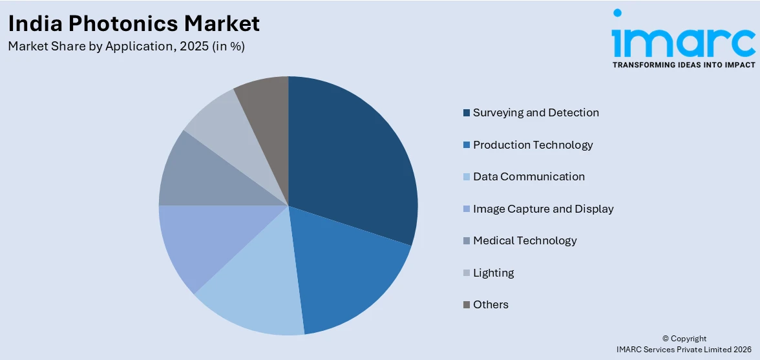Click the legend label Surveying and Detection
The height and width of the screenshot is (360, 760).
(536, 112)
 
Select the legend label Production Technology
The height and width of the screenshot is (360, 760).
(533, 145)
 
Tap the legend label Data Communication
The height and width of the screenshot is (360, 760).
(529, 176)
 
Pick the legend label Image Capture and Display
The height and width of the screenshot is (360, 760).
(543, 209)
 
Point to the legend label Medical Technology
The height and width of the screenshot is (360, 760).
(525, 240)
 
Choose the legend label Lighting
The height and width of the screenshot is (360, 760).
(493, 273)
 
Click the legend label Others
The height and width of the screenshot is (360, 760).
(491, 304)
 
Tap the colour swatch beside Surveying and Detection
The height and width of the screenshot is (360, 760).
(466, 113)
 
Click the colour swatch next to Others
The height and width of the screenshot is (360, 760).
(466, 305)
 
